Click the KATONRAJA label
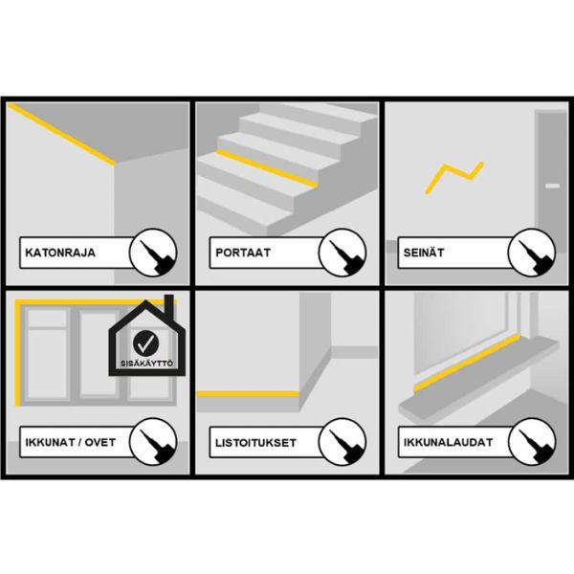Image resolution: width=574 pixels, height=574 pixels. click(x=60, y=253)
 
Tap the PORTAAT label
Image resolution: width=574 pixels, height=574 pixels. click(x=243, y=253)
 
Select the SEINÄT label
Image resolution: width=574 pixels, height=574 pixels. click(x=424, y=253)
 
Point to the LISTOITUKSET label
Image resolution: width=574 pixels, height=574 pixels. click(x=255, y=443)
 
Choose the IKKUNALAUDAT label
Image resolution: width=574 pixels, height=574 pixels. click(x=448, y=442)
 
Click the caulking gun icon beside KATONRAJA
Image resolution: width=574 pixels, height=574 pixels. click(x=153, y=253)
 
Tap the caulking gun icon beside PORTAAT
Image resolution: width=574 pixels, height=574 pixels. click(x=342, y=253)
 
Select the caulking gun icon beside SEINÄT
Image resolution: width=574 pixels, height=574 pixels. click(x=532, y=253)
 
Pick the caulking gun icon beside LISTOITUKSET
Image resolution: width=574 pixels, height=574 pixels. click(x=342, y=442)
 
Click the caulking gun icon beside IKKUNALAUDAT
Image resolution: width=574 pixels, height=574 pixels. click(x=532, y=442)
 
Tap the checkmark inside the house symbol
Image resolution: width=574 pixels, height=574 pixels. click(x=146, y=343)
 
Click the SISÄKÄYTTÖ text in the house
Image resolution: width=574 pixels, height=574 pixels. click(x=146, y=364)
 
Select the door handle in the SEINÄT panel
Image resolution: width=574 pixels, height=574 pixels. click(x=552, y=186)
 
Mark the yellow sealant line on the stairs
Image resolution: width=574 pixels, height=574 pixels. click(x=267, y=168)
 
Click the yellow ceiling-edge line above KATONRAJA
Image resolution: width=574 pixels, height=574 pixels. click(x=61, y=134)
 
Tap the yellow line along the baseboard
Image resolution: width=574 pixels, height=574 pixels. click(x=248, y=394)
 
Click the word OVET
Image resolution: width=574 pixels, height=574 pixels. click(x=100, y=442)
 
